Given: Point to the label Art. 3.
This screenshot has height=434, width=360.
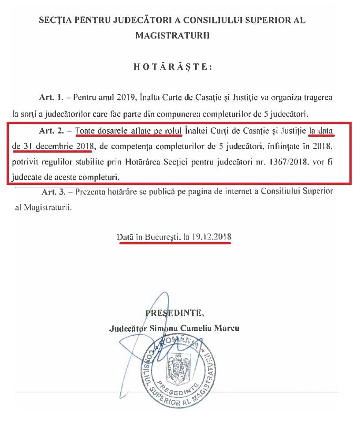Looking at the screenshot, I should pos(53,192).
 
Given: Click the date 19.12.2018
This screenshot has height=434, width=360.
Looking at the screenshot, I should pos(211,237).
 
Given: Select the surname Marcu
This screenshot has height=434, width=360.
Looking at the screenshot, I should pos(227,329).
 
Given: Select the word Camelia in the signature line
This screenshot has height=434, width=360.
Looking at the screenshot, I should pos(188,329).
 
